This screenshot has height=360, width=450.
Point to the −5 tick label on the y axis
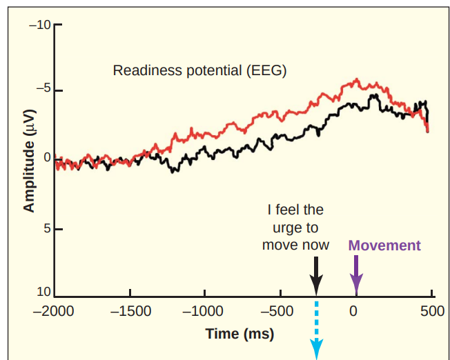pos(43,90)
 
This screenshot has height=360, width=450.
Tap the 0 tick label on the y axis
pos(48,158)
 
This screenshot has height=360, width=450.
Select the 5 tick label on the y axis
pos(48,228)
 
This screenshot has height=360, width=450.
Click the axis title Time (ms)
pos(239,334)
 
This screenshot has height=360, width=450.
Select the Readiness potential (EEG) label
pos(199,70)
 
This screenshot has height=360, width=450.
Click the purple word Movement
pos(384,245)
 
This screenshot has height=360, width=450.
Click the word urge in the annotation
pos(295,227)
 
